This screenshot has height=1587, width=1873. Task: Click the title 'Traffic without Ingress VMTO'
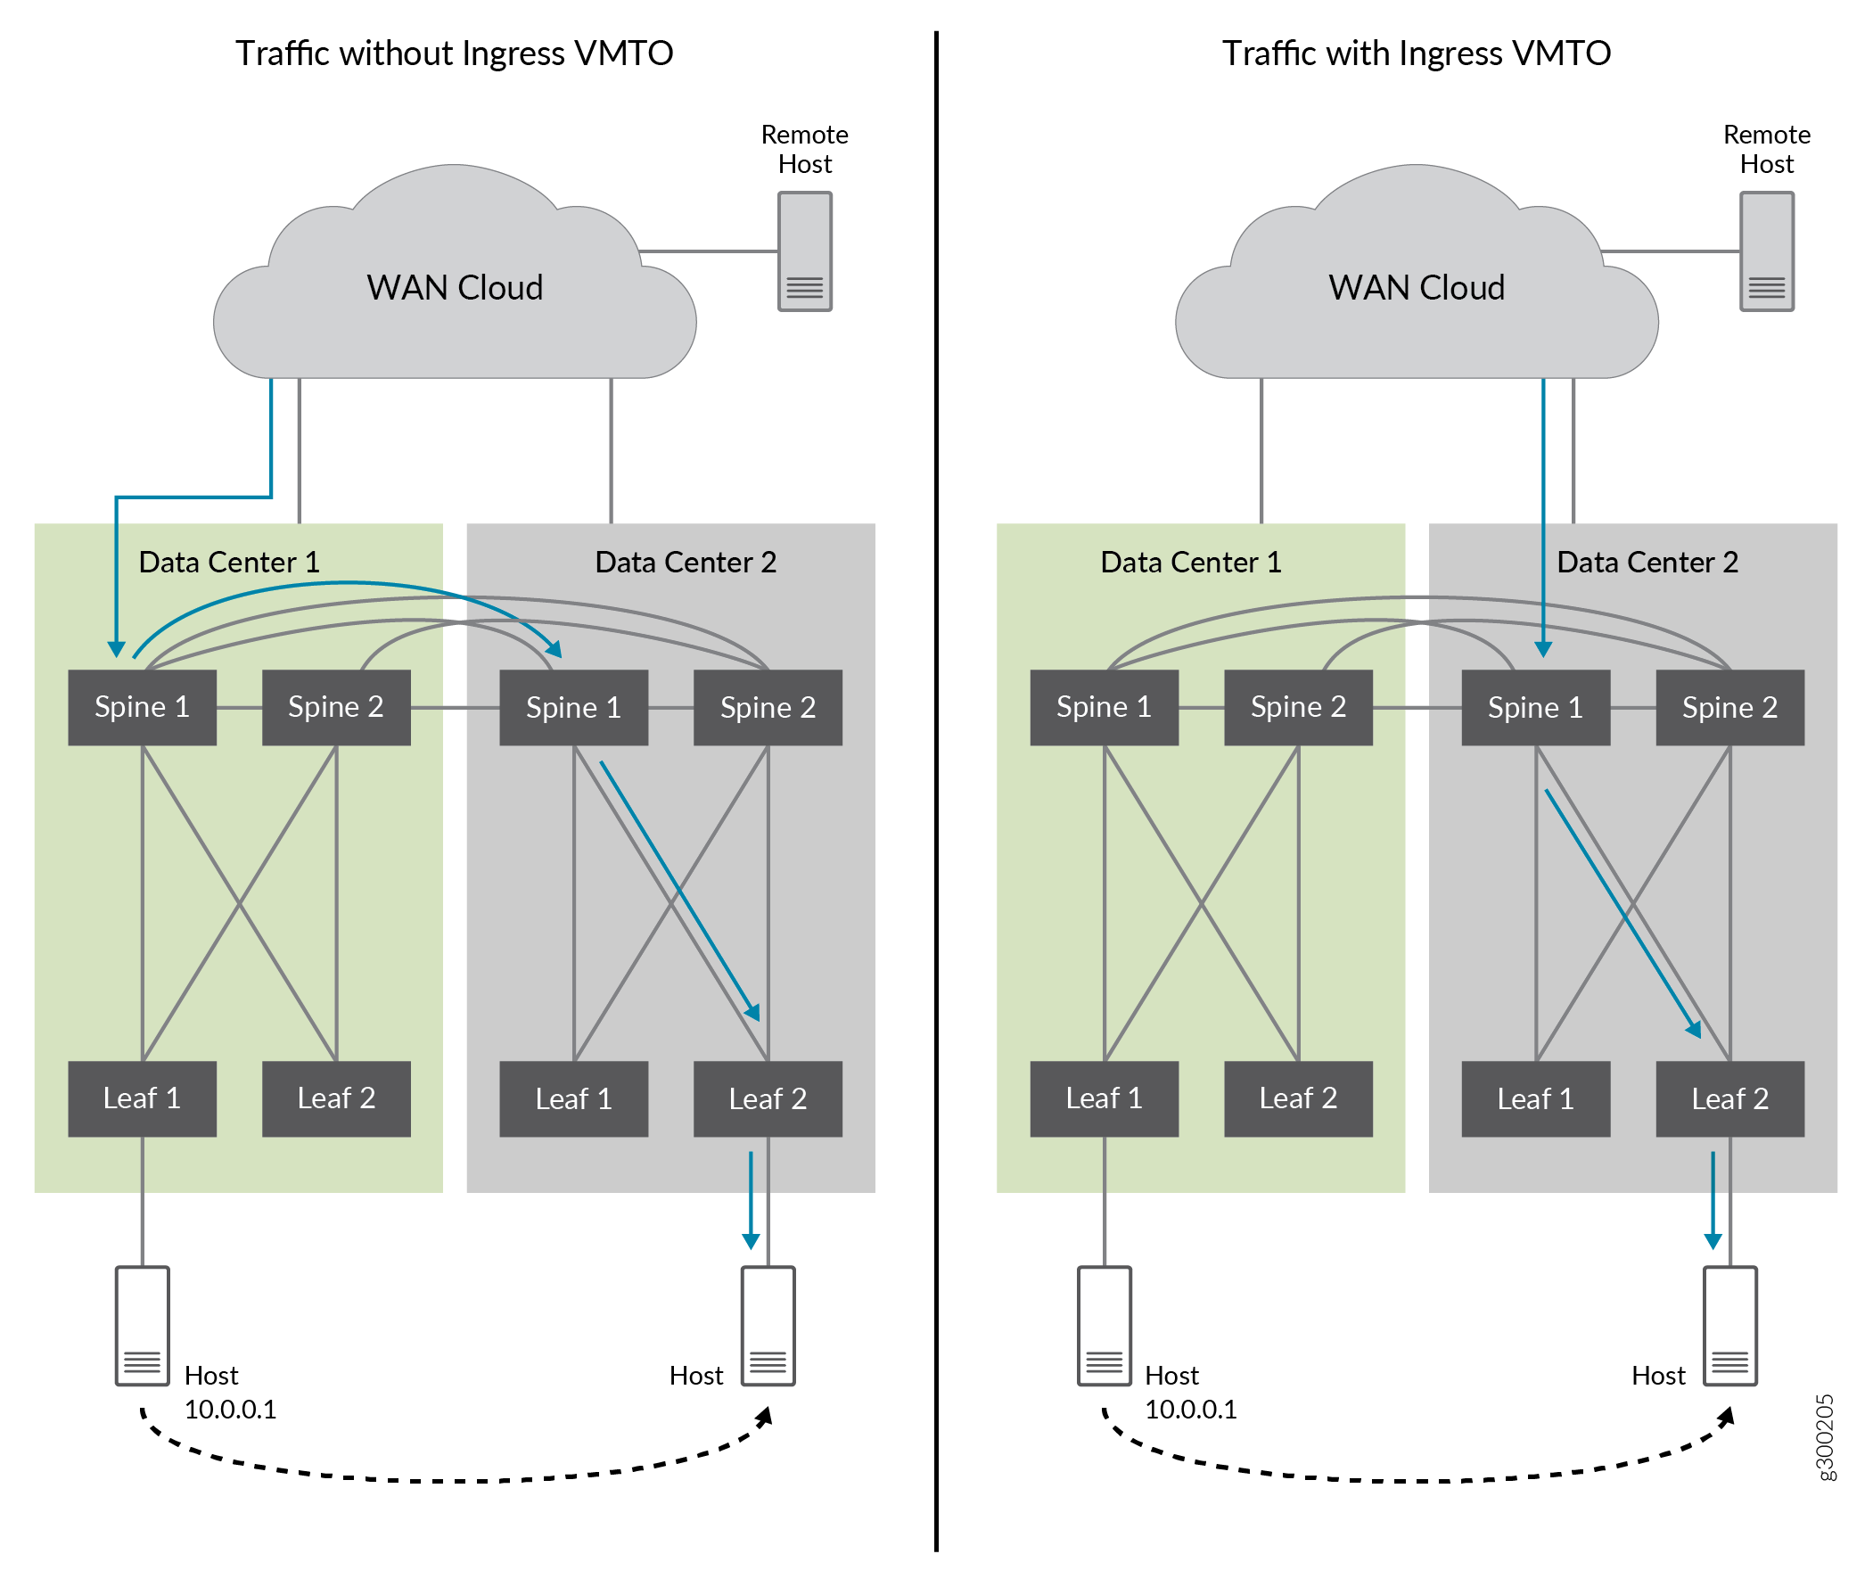454,53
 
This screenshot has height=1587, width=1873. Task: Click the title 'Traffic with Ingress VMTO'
1415,53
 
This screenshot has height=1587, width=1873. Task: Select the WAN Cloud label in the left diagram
455,288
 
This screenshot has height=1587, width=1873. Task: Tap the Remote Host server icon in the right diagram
1765,251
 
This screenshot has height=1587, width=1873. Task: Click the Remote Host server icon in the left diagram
803,251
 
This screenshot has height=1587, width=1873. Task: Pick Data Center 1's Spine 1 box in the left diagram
142,707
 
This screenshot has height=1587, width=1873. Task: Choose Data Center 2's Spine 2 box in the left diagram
768,707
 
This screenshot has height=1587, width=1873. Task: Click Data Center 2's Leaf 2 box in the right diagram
1729,1098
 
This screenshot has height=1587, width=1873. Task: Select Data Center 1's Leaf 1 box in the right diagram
1104,1098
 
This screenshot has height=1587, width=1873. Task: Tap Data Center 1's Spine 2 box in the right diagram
1297,707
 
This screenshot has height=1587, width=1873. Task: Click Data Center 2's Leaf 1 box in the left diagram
573,1098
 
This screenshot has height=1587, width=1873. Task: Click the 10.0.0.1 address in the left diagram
230,1409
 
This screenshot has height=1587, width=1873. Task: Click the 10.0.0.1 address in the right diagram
1190,1409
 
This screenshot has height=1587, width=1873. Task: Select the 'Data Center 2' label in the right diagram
1647,563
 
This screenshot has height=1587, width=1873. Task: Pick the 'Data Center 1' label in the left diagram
229,563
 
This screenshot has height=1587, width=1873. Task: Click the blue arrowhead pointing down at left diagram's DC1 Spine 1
116,650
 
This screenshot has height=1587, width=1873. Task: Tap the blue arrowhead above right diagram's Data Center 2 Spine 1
1542,650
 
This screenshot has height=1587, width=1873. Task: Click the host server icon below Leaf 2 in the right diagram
1729,1325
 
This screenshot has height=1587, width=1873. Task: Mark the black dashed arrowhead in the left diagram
765,1417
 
